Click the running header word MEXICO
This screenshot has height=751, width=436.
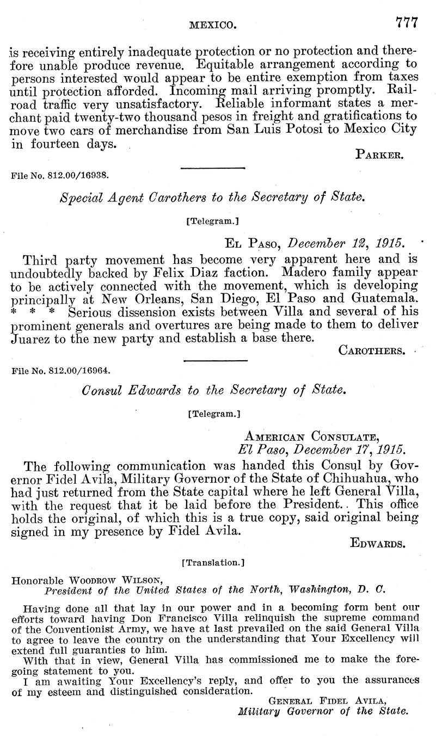(x=212, y=24)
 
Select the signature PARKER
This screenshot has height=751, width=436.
(x=379, y=155)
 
